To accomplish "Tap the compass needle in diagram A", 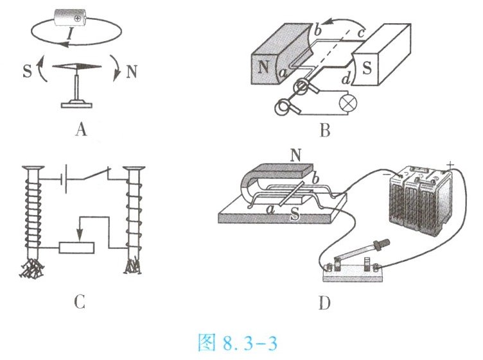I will coord(76,68).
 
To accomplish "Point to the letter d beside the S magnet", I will coord(347,80).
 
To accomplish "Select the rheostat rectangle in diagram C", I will coord(76,248).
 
